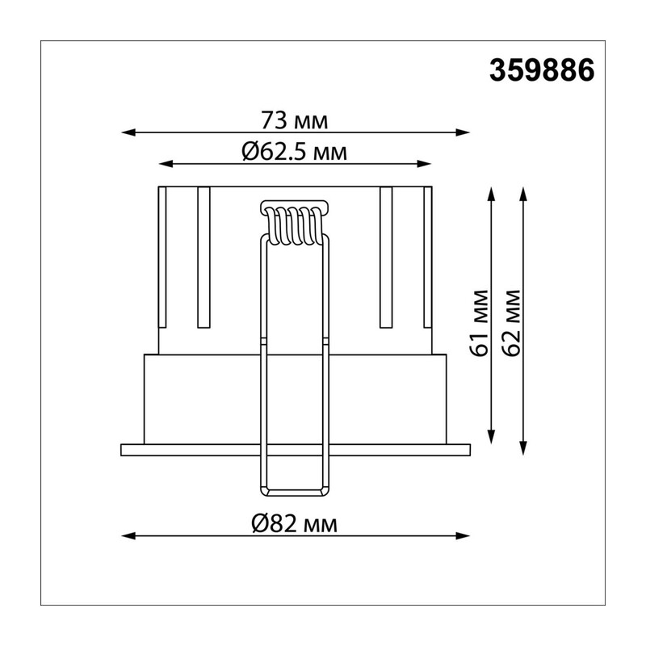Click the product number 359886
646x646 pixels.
541,70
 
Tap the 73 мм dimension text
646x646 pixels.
295,120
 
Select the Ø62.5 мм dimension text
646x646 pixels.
294,152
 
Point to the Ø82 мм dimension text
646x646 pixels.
294,524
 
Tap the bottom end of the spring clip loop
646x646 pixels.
295,493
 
